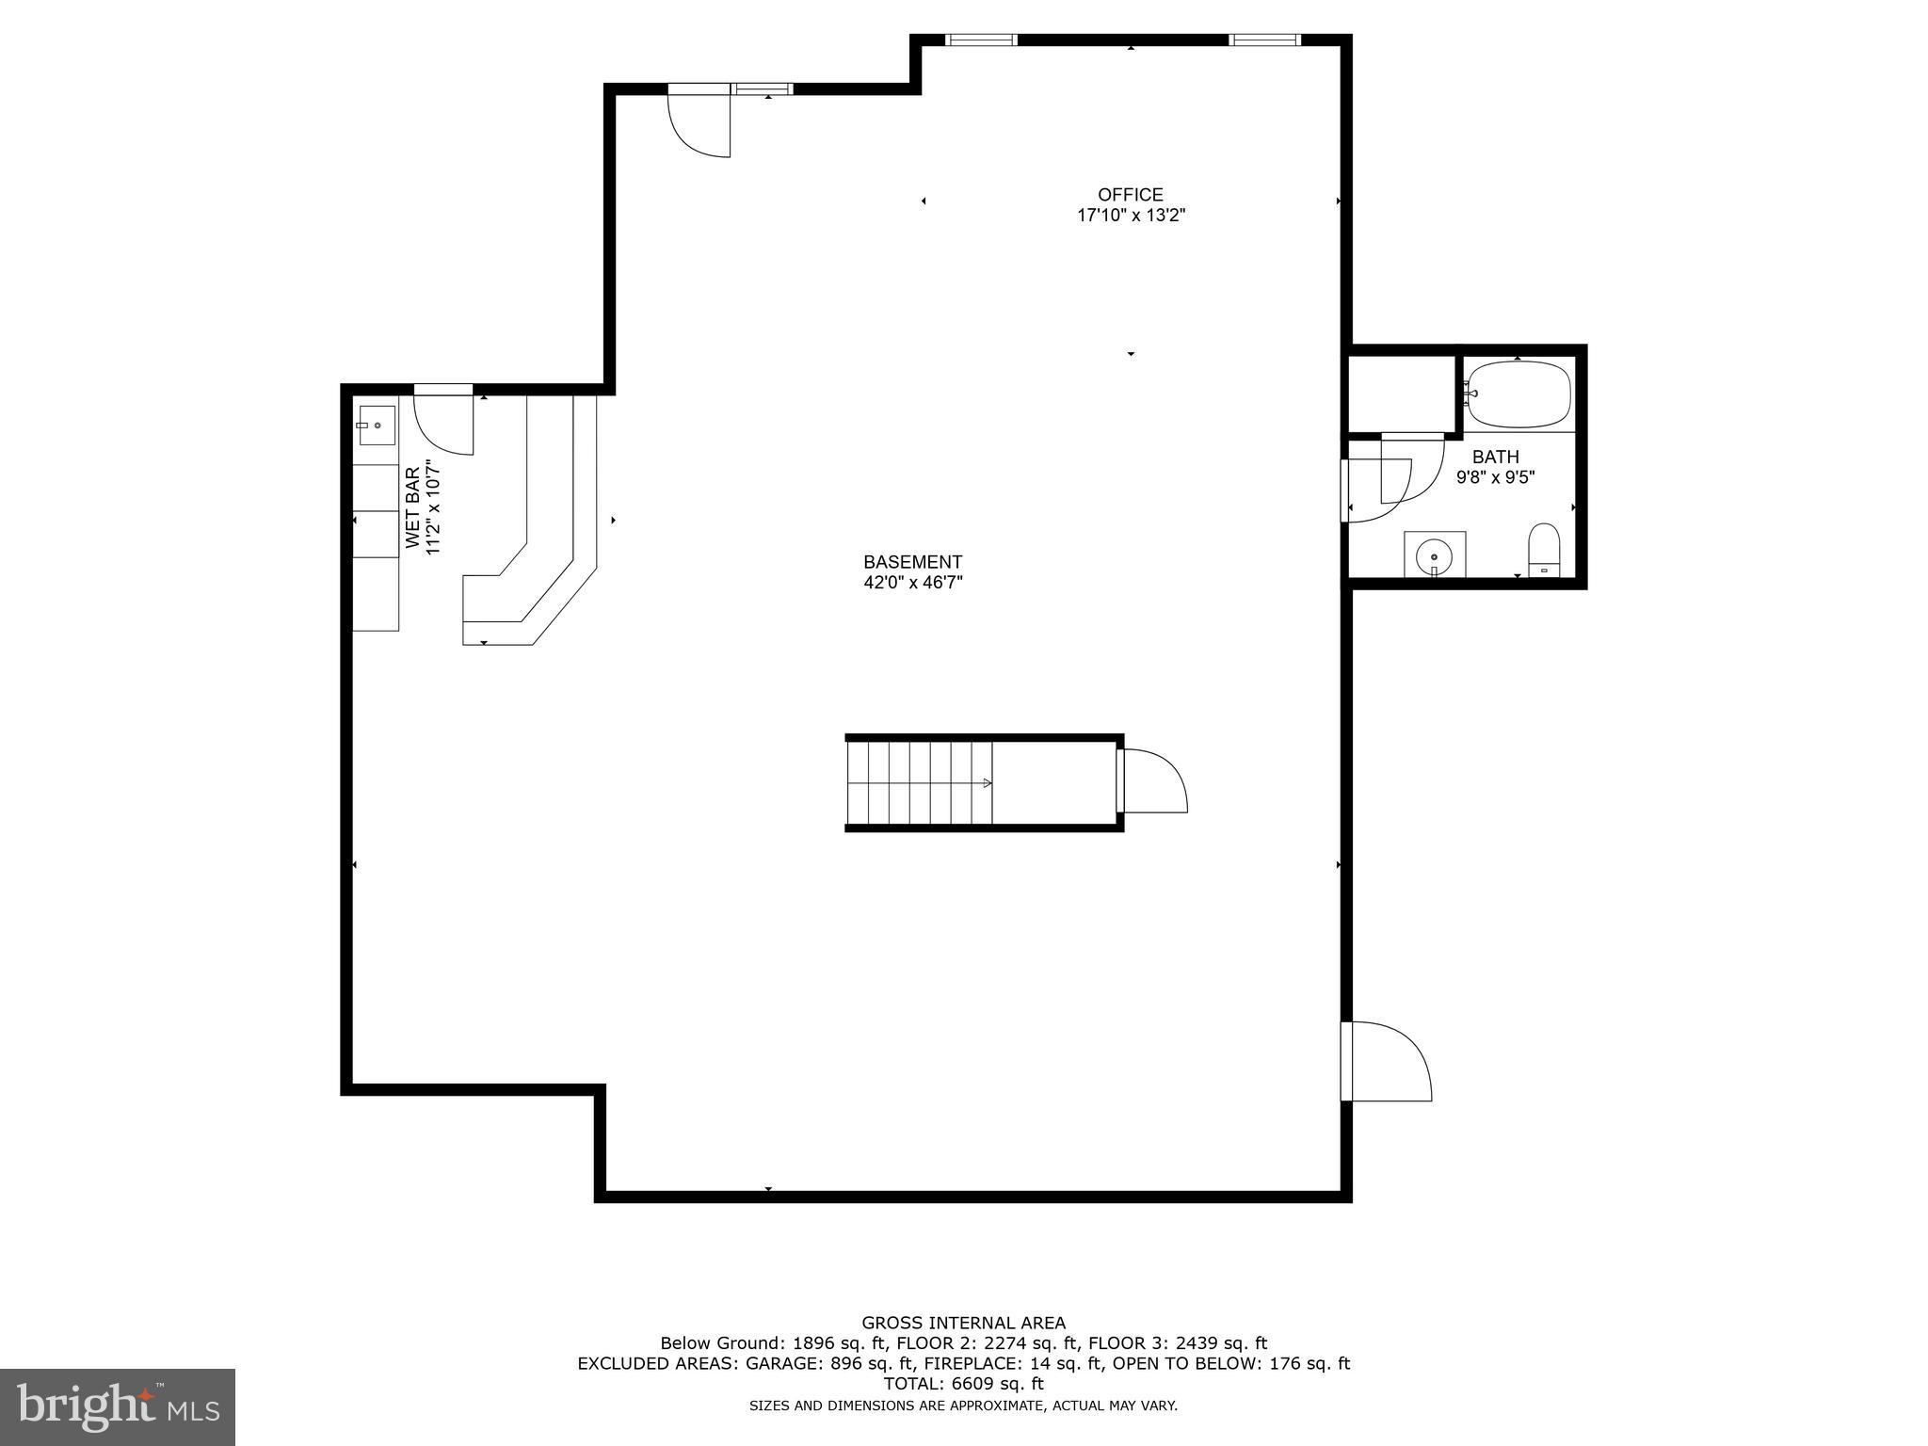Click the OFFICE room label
click(x=1130, y=195)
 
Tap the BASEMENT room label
click(x=912, y=562)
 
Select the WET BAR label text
click(x=412, y=507)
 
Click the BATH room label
click(x=1495, y=458)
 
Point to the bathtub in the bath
click(x=1519, y=394)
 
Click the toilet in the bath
click(x=1544, y=550)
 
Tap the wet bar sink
click(x=376, y=426)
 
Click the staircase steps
click(x=918, y=782)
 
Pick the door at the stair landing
click(x=1154, y=781)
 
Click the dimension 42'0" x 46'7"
click(x=912, y=583)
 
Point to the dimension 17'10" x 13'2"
click(x=1130, y=216)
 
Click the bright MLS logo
click(x=117, y=1406)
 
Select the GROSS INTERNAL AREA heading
click(x=963, y=1323)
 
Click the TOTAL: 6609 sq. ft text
click(x=963, y=1384)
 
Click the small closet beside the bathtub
click(x=1401, y=394)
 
